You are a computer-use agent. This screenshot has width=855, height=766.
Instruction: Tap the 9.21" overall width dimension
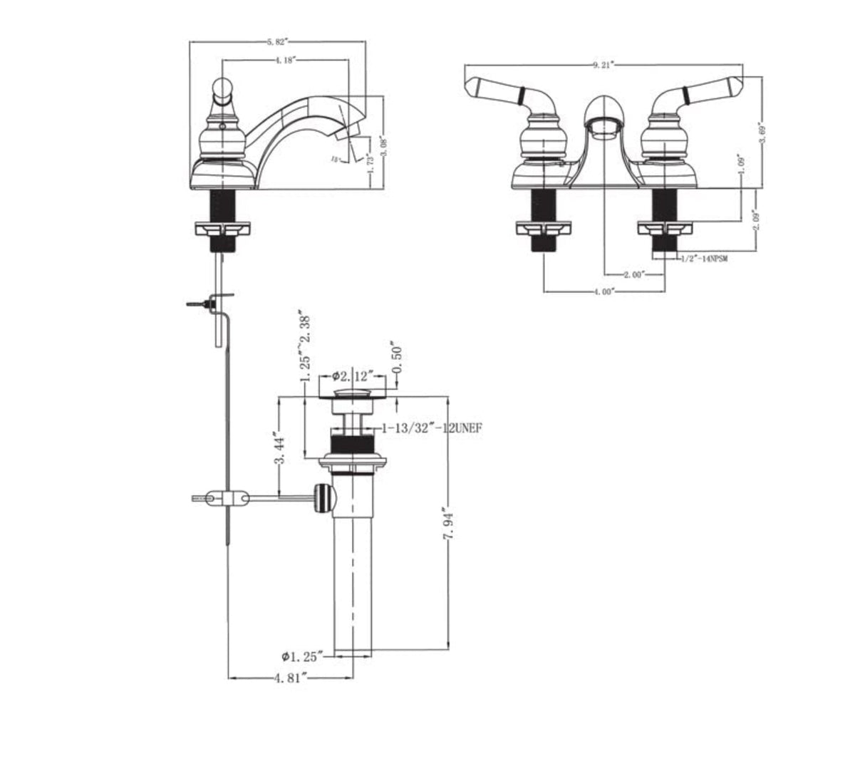click(x=602, y=65)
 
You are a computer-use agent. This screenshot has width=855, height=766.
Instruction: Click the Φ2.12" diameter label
click(x=352, y=376)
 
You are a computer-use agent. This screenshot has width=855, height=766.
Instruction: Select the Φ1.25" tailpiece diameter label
click(x=302, y=655)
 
